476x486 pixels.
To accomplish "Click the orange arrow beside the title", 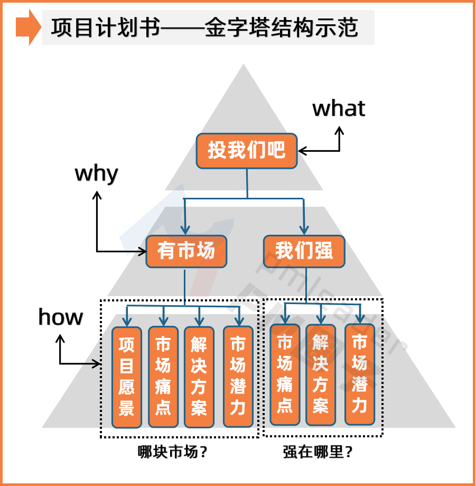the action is point(28,27).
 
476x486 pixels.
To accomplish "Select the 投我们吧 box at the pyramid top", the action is point(247,151).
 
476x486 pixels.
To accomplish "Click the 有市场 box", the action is point(186,251).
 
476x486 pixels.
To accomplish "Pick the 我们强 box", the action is point(304,251).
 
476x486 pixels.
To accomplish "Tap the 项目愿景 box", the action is point(127,377).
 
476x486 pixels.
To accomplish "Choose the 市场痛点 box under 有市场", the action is point(163,376).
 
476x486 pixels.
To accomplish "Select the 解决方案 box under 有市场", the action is point(199,376).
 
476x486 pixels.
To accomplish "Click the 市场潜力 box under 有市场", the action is point(238,376).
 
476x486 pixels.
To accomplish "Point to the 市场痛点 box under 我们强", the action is point(285,374).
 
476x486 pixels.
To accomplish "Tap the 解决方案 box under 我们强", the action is point(321,374).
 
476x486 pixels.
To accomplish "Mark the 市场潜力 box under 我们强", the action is point(360,374).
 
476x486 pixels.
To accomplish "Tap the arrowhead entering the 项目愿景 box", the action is point(127,321).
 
